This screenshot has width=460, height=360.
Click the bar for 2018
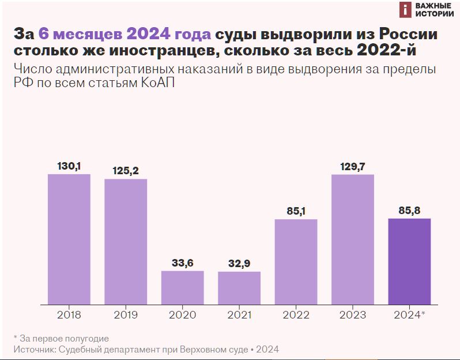click(x=69, y=239)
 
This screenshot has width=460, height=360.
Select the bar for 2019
click(x=126, y=241)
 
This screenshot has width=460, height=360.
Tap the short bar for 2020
click(x=182, y=287)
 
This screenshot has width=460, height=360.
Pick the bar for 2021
click(x=239, y=288)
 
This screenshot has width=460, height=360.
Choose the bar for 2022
click(x=296, y=261)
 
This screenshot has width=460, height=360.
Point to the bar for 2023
click(x=353, y=239)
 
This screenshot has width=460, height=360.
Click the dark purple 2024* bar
click(x=409, y=261)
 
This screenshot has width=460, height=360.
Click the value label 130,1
click(x=69, y=166)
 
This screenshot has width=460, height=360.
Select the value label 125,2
click(x=126, y=171)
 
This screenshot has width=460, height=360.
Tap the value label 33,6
click(x=182, y=263)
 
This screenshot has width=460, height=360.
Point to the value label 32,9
click(x=239, y=264)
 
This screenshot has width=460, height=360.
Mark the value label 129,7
click(x=353, y=166)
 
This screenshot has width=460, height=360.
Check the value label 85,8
click(x=409, y=211)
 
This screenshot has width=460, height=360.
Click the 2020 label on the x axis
click(x=182, y=315)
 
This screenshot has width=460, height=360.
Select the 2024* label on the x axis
click(x=409, y=315)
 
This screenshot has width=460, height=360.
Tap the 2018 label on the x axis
click(x=69, y=315)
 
